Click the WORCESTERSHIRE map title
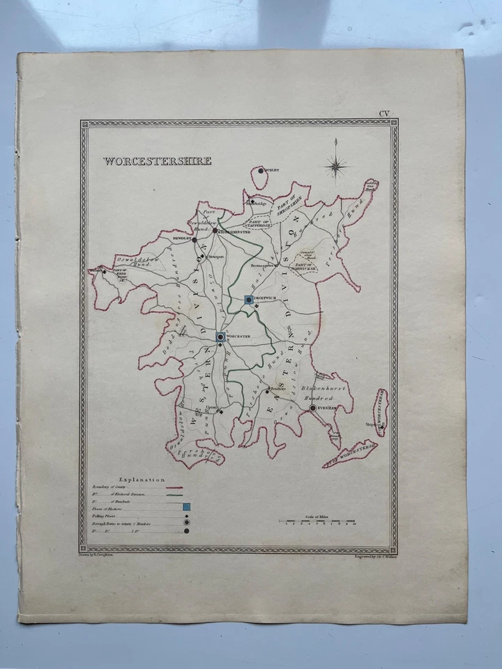click(x=158, y=162)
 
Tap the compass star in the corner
click(x=336, y=166)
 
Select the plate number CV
click(x=384, y=114)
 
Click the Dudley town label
click(x=272, y=170)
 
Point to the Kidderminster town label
click(x=236, y=231)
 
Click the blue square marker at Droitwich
click(x=250, y=300)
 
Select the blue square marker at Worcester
click(x=220, y=337)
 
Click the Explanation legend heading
click(x=142, y=479)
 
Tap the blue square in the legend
click(x=186, y=507)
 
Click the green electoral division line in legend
click(x=180, y=494)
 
